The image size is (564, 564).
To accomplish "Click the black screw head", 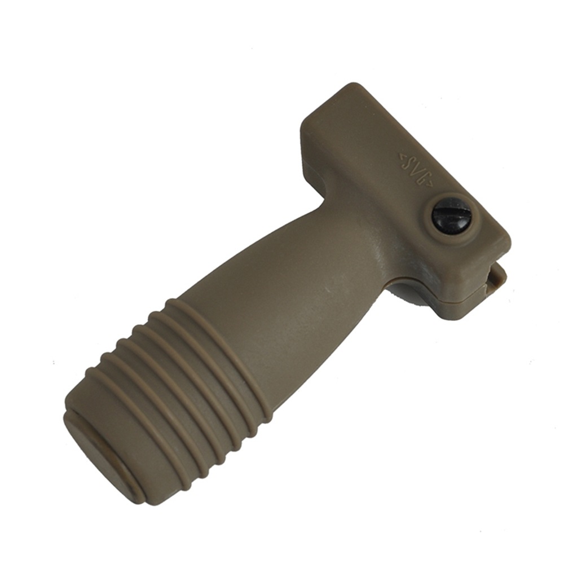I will point(451,216).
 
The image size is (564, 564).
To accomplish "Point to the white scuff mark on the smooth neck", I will point(328,290).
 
